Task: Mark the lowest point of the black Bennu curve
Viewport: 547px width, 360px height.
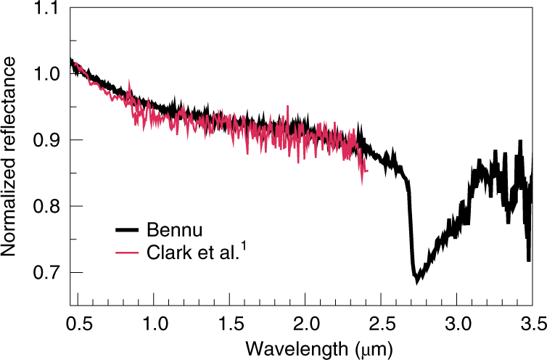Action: (x=417, y=281)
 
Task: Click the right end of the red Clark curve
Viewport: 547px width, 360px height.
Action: (x=368, y=171)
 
